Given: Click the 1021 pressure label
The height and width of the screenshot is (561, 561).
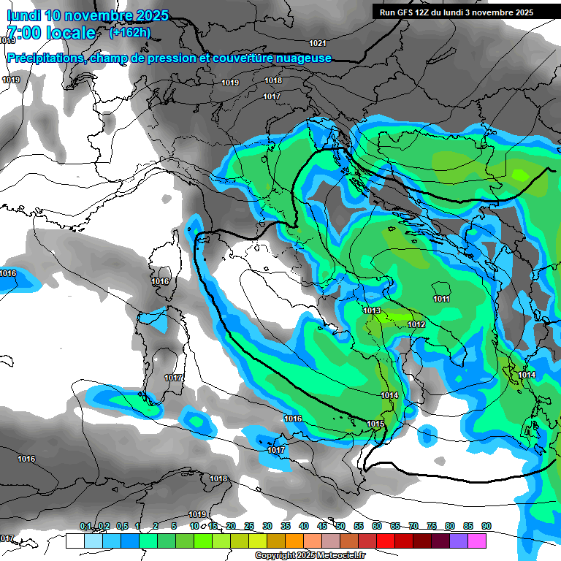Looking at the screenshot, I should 318,44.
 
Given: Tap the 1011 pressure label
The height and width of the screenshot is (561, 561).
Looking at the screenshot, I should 441,299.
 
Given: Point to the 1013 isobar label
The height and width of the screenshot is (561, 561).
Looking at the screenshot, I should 372,310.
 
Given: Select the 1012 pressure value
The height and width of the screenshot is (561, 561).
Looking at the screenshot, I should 416,324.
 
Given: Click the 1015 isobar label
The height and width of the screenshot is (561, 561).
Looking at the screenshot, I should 375,424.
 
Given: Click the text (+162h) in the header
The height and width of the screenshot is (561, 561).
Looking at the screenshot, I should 130,33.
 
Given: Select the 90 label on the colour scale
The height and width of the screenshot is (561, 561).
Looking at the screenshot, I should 486,526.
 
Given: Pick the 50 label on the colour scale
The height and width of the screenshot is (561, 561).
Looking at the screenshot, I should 340,526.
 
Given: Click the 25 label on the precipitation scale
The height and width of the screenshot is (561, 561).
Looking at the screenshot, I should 249,526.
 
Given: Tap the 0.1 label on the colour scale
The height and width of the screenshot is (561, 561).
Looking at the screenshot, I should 85,526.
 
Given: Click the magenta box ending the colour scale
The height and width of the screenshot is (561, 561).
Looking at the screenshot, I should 477,541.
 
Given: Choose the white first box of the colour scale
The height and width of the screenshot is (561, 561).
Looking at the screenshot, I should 75,541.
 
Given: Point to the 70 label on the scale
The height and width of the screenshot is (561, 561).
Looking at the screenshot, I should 413,526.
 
